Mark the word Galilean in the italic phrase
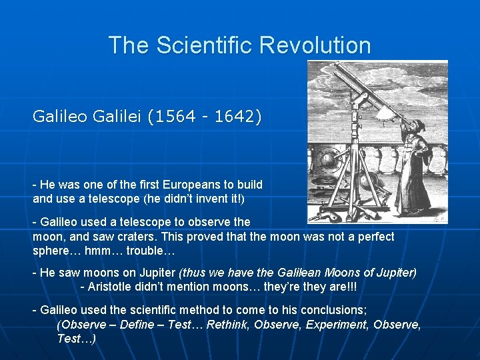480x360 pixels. point(297,273)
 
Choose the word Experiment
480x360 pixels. point(337,325)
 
